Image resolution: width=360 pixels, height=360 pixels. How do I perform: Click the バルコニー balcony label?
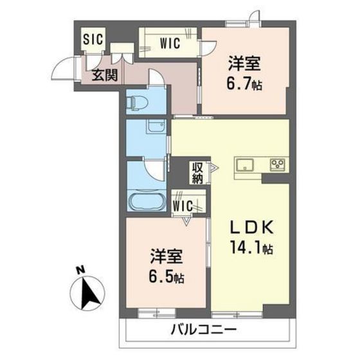(x=204, y=332)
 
